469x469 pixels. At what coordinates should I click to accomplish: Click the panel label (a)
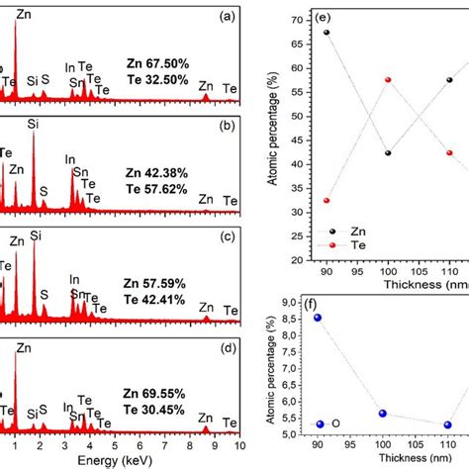click(227, 17)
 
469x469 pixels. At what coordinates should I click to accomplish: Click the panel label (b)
click(227, 127)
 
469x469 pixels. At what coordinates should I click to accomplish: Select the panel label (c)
click(227, 237)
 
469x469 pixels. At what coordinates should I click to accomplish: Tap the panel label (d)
click(227, 348)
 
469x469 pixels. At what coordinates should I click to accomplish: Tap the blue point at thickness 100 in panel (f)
click(383, 414)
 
